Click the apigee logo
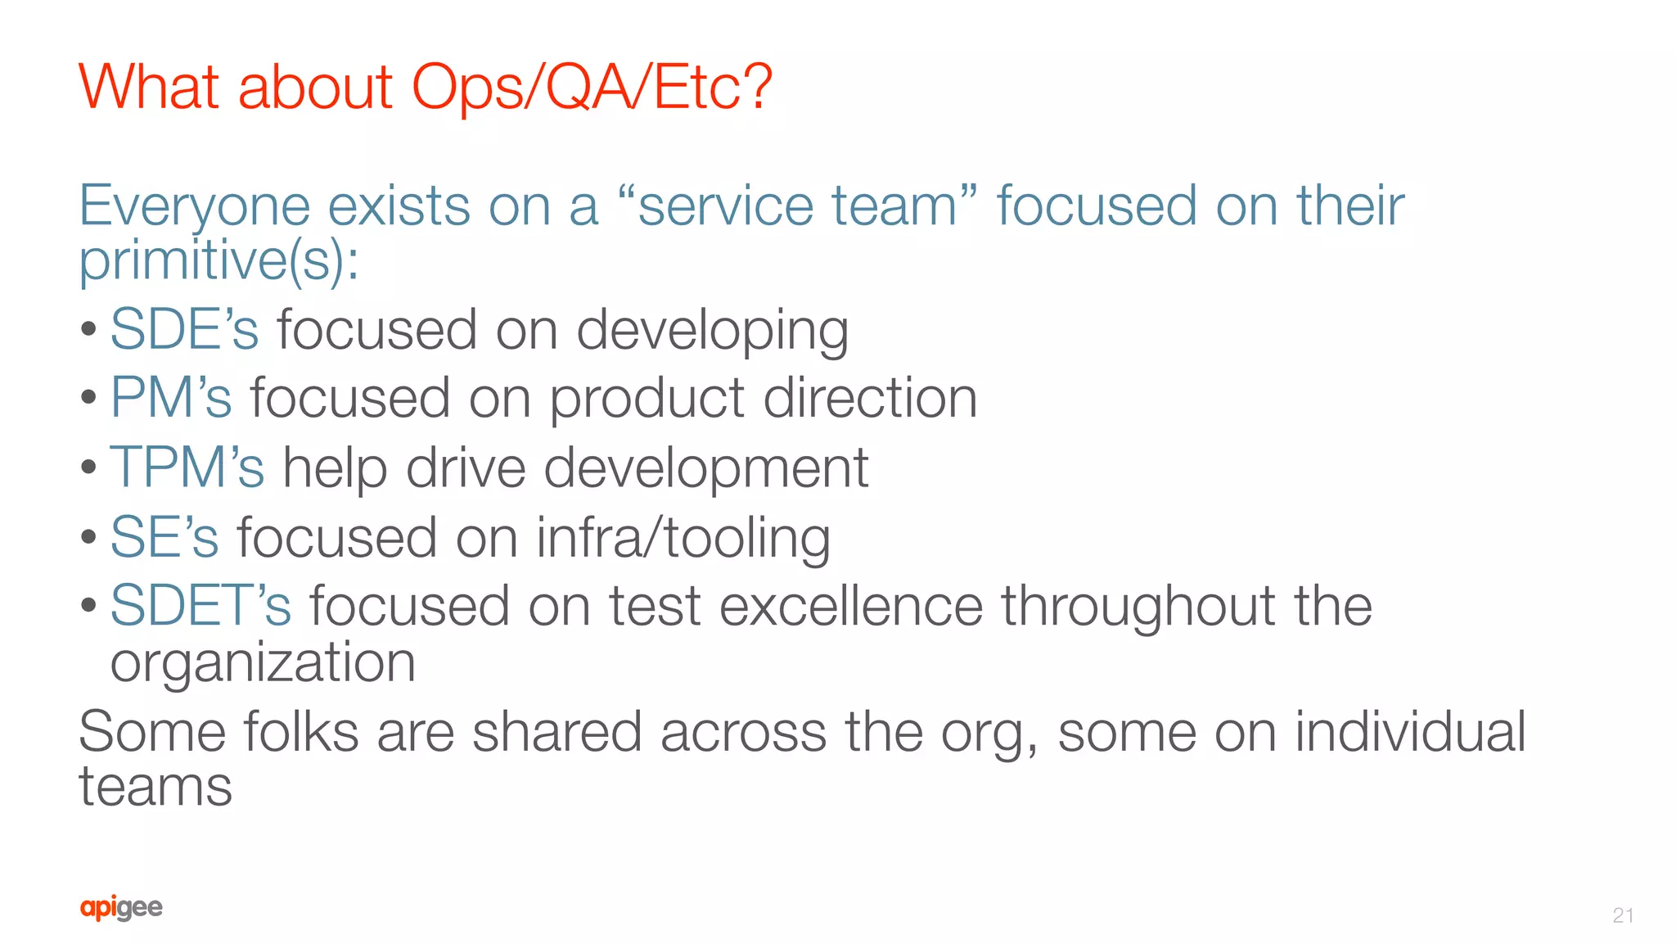(121, 908)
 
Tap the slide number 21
(1623, 915)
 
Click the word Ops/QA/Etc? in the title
(591, 88)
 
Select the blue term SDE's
(184, 330)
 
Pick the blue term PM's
(171, 399)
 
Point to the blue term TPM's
(187, 468)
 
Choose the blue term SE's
(164, 538)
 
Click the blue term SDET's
(200, 607)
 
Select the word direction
(870, 399)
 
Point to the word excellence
(851, 607)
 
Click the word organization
(263, 663)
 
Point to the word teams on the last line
(155, 788)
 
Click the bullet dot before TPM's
(89, 468)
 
